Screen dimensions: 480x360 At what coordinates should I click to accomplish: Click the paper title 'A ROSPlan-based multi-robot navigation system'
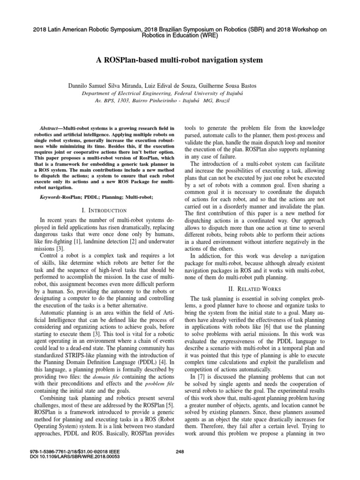point(180,60)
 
